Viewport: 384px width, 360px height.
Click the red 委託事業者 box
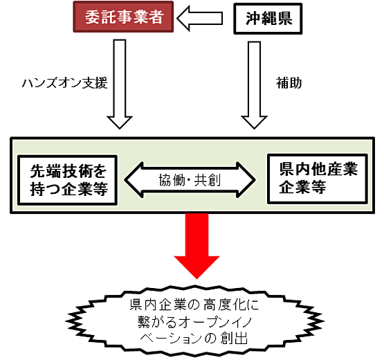pos(123,17)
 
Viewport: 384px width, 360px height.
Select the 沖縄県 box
pos(268,19)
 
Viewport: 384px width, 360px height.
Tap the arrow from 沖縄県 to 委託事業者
pos(199,19)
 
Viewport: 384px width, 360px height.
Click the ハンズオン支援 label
pos(64,83)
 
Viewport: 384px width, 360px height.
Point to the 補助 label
pos(289,83)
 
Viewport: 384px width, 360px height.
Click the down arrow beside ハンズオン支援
pos(120,84)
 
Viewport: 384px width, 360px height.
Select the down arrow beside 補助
pos(254,85)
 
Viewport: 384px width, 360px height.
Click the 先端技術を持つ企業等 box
pos(67,180)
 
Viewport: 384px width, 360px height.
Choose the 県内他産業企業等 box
pos(318,179)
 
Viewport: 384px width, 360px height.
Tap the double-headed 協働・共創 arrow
pos(190,180)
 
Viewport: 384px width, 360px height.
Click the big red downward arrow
pos(196,246)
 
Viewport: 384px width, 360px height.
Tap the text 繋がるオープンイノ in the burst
pos(194,321)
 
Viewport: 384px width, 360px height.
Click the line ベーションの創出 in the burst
pos(194,338)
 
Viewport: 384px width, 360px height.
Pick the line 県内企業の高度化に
pos(194,305)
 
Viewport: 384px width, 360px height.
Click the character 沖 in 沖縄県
pos(253,19)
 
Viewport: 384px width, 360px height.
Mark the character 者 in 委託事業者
pos(156,17)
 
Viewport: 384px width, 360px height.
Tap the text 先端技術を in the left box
pos(68,171)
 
